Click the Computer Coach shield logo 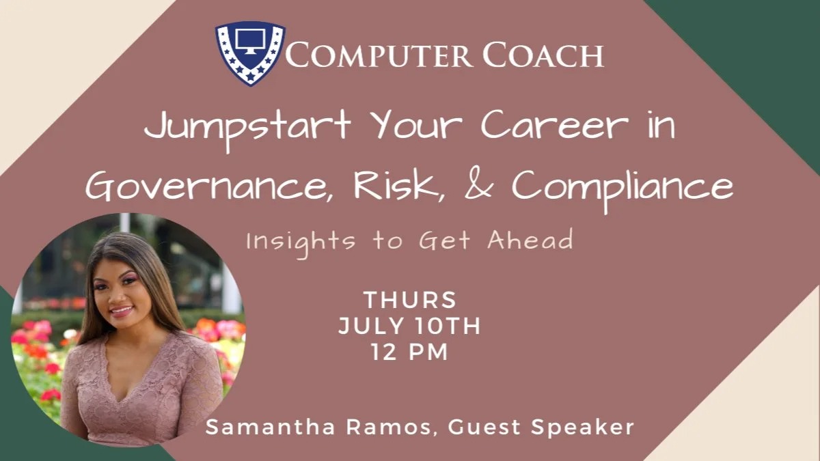[250, 53]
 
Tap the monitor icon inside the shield [250, 41]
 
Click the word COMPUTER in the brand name [379, 55]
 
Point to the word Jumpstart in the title [247, 128]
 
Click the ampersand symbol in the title [478, 185]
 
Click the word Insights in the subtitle [301, 242]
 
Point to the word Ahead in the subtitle [530, 240]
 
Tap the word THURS [410, 300]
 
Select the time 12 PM [409, 352]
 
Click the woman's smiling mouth [122, 311]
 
